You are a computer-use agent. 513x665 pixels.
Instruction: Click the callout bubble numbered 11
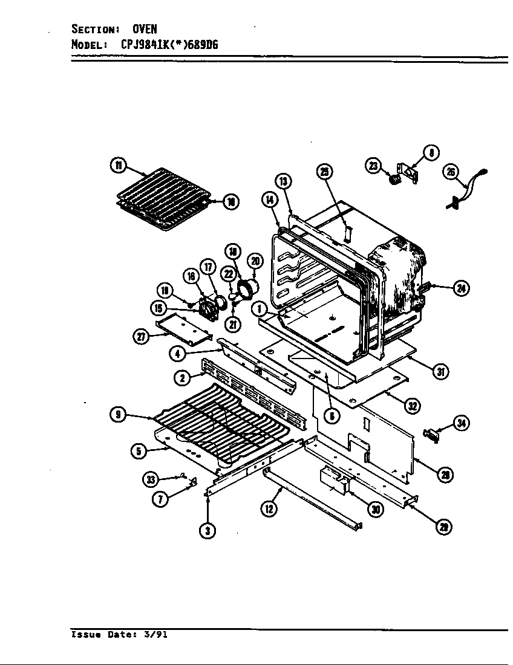[119, 165]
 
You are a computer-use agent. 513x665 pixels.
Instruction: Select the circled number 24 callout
[462, 288]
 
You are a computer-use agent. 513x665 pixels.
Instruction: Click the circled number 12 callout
[268, 509]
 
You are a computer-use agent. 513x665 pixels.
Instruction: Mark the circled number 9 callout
[119, 414]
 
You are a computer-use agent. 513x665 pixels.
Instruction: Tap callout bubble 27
[141, 337]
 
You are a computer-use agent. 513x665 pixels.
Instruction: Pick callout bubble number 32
[413, 406]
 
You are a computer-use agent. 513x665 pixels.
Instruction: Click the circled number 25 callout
[325, 172]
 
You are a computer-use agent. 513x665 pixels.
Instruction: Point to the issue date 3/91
[157, 635]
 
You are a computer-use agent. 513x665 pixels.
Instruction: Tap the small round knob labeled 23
[394, 179]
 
